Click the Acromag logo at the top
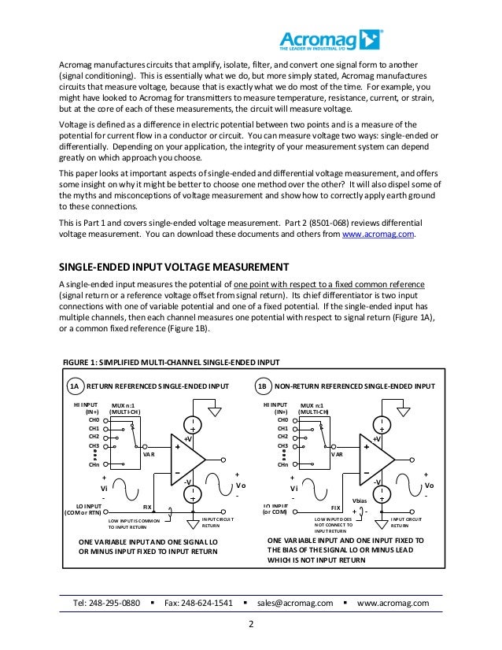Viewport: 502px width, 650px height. pyautogui.click(x=331, y=39)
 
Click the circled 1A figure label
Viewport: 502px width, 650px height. pyautogui.click(x=74, y=386)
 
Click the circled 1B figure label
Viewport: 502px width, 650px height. pyautogui.click(x=263, y=386)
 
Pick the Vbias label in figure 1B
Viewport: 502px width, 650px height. pyautogui.click(x=360, y=500)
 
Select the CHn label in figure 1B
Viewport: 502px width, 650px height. pyautogui.click(x=282, y=465)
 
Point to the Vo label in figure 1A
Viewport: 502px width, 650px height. pyautogui.click(x=241, y=486)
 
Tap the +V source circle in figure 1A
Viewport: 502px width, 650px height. pyautogui.click(x=192, y=425)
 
